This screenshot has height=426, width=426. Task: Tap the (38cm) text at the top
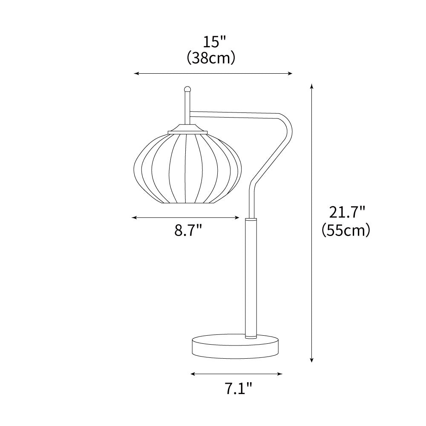tap(211, 58)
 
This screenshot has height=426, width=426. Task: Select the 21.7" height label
tap(347, 212)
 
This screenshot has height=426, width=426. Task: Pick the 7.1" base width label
tap(237, 388)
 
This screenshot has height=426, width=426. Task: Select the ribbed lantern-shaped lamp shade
tap(187, 168)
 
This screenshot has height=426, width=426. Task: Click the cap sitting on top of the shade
tap(188, 129)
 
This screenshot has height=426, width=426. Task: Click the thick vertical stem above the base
tap(251, 277)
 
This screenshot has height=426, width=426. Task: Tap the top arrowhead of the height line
tap(312, 86)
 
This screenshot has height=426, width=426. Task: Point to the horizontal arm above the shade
tap(234, 114)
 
